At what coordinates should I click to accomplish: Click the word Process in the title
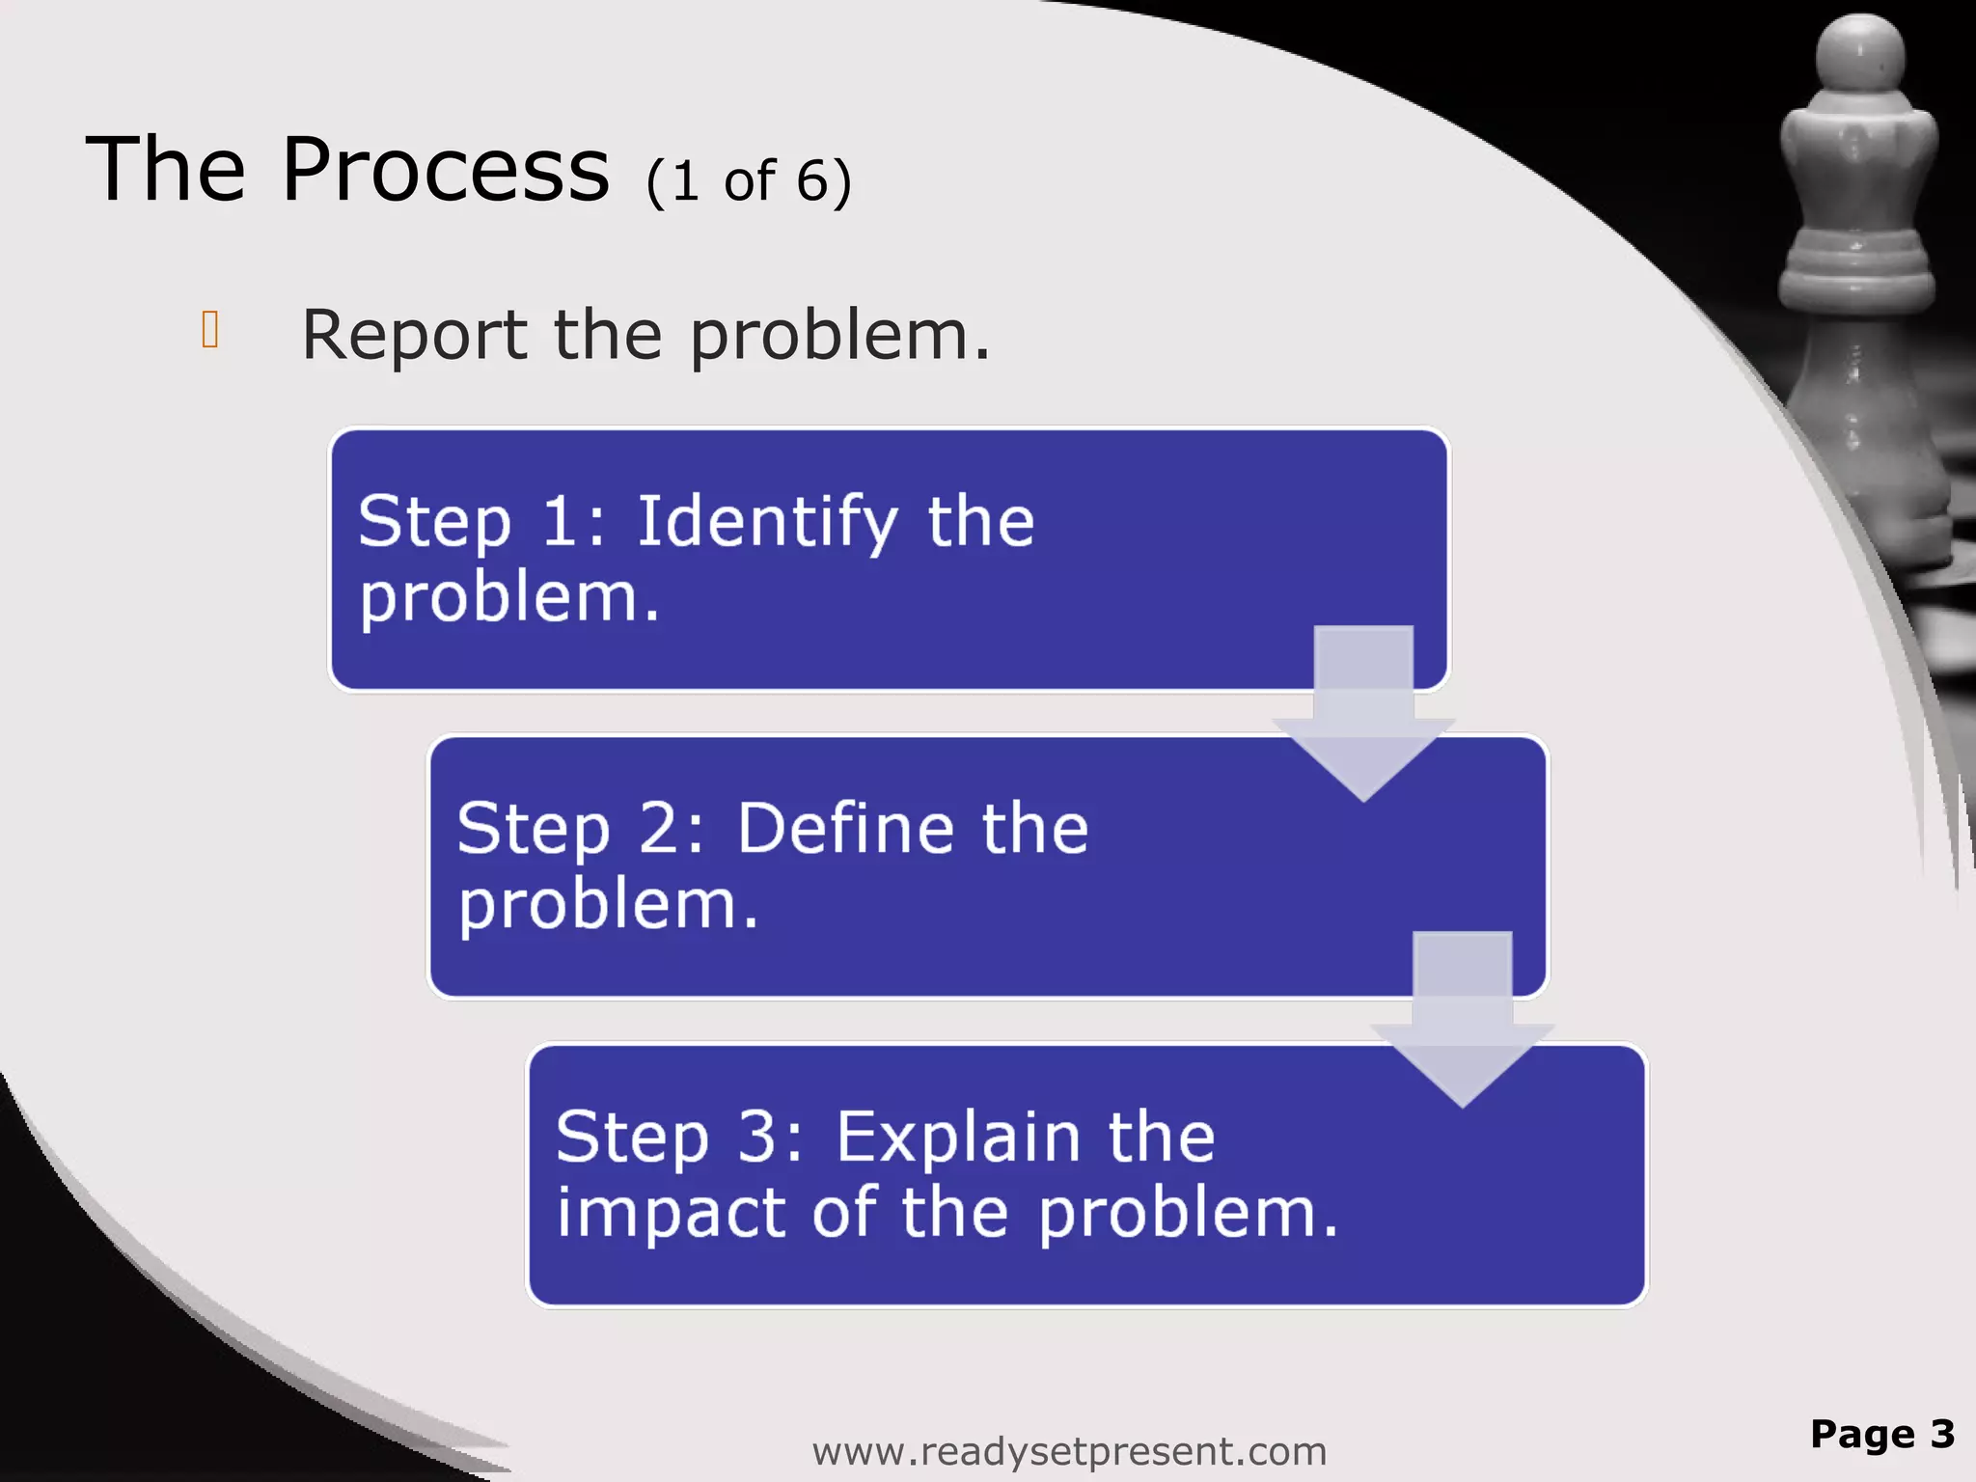coord(445,170)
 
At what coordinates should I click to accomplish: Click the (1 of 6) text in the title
coord(749,181)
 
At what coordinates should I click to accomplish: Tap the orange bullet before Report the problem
coord(210,329)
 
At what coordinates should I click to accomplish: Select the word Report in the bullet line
coord(414,336)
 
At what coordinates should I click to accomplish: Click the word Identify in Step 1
coord(767,522)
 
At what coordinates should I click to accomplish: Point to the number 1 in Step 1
coord(560,521)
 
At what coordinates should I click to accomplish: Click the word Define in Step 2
coord(845,828)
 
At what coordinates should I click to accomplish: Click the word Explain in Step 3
coord(956,1137)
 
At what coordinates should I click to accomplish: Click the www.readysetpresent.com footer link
coord(1069,1451)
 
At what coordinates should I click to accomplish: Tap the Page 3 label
coord(1882,1434)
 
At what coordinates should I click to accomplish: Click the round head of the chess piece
coord(1860,53)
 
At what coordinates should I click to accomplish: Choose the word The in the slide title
coord(166,170)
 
